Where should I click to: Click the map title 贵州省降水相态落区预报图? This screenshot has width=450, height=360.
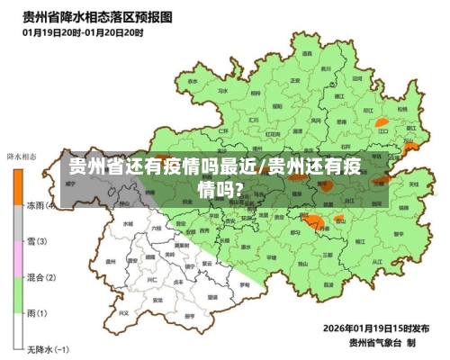[100, 16]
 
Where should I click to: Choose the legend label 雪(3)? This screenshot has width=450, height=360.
[37, 241]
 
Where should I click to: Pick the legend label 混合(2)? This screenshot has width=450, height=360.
[40, 277]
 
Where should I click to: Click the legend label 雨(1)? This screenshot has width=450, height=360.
[37, 312]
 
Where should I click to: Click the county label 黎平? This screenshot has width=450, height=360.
[397, 233]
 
